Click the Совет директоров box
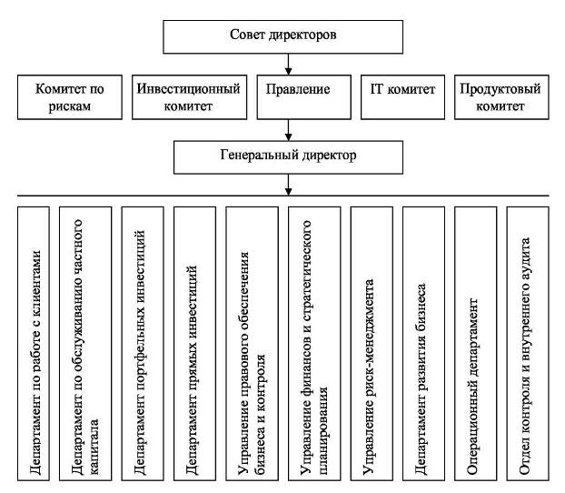coord(288,36)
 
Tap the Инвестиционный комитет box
coord(188,98)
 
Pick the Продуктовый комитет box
coord(500,98)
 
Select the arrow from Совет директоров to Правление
coord(288,64)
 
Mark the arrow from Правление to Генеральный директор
coord(288,130)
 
